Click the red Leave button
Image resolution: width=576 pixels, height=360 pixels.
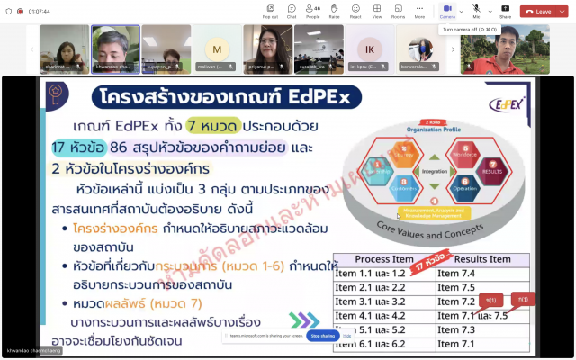[538, 11]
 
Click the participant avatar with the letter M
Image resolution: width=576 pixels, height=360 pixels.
[216, 49]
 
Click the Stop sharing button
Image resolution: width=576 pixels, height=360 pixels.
[323, 335]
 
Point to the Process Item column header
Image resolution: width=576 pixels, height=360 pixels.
[384, 258]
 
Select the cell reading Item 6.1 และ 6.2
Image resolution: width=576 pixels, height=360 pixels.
[369, 344]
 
